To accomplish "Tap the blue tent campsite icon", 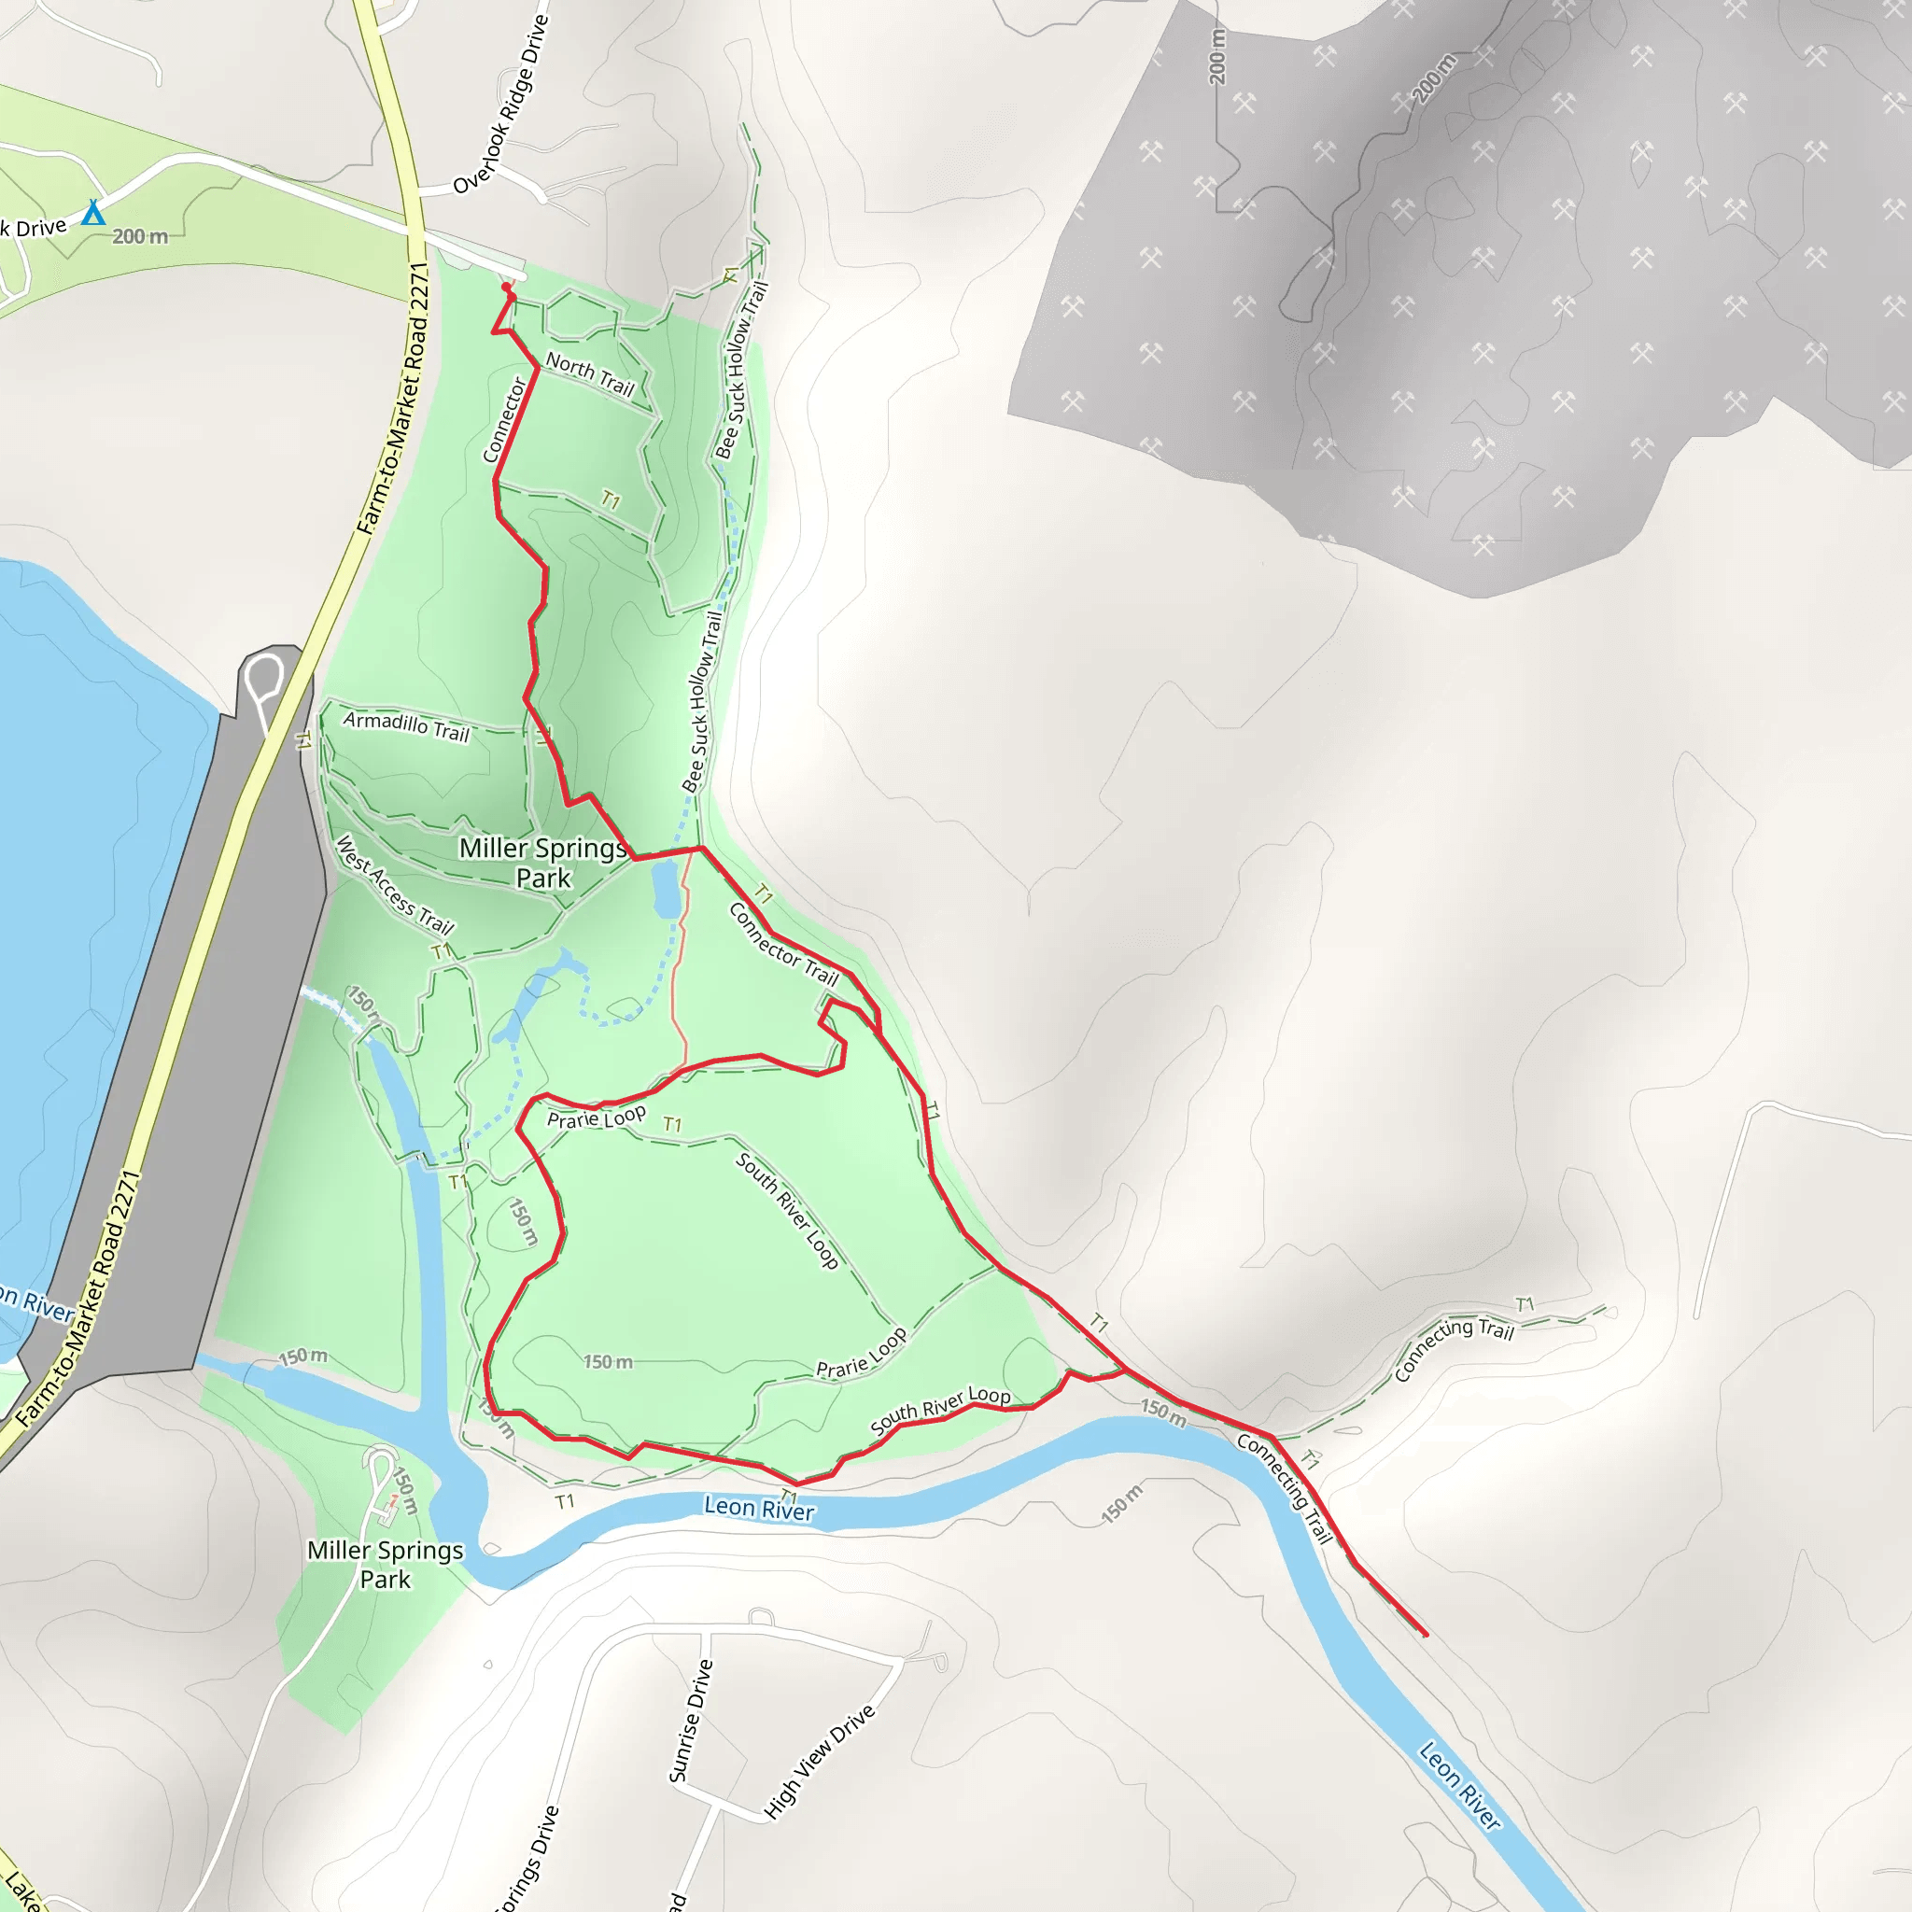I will point(93,213).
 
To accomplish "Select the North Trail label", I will point(590,374).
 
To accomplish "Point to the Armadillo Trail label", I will point(406,725).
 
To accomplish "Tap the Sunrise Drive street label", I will point(691,1721).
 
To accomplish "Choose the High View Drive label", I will point(821,1761).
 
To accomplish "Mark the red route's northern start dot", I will point(507,288).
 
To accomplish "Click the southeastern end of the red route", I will point(1424,1634).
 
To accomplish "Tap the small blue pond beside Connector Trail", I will point(665,888).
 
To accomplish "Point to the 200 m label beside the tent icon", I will point(139,236).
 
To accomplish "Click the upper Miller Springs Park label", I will point(543,862).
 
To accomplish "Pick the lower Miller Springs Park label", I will point(385,1564).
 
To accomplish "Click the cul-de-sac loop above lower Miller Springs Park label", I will point(379,1463).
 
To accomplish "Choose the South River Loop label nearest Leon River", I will point(940,1408).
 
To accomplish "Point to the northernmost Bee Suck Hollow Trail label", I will point(741,372).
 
